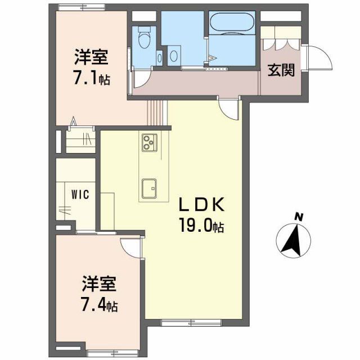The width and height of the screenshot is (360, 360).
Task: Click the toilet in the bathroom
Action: point(143,40)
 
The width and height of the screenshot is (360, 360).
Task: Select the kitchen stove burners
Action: point(149,142)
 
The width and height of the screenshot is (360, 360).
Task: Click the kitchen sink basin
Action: point(150,188)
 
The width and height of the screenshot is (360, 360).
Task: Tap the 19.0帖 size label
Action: point(202,226)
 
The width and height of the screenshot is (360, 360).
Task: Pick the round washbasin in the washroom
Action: point(174,56)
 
